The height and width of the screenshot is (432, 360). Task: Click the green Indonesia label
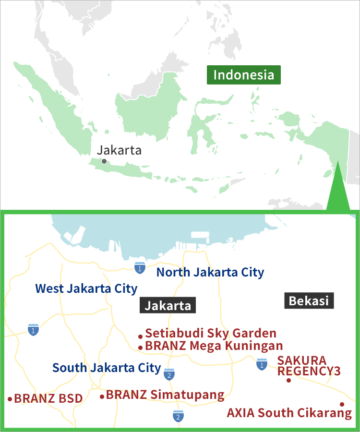click(x=244, y=75)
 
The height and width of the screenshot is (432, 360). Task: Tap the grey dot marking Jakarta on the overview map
click(x=104, y=162)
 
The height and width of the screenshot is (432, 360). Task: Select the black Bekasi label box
click(x=309, y=301)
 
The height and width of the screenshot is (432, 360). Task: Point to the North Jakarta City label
click(x=210, y=273)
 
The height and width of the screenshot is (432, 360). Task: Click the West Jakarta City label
click(x=86, y=289)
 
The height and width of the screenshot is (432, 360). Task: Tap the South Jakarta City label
click(x=107, y=368)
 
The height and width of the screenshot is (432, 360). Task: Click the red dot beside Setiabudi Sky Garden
click(x=140, y=336)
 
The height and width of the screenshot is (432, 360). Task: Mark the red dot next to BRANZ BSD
click(x=10, y=399)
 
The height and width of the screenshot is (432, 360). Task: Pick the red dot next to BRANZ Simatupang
click(x=102, y=396)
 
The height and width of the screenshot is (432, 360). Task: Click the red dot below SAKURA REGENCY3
click(x=288, y=380)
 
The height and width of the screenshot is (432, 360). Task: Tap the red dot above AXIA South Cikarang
click(x=342, y=404)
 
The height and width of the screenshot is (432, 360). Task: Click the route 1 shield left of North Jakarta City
click(x=139, y=268)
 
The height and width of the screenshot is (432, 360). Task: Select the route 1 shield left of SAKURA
click(x=262, y=364)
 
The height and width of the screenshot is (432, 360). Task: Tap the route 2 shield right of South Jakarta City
click(x=168, y=374)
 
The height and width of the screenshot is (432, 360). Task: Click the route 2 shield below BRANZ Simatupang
click(x=178, y=417)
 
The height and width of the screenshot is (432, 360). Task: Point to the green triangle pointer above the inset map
click(x=338, y=190)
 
